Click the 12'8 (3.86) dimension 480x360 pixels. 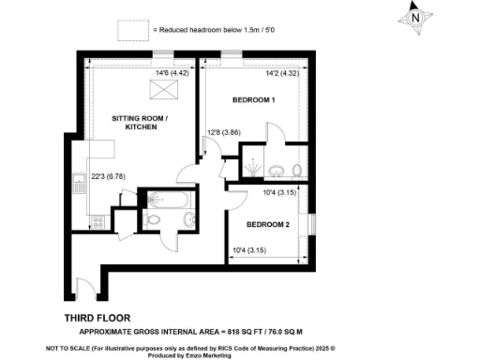point(224,132)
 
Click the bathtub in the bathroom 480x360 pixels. point(169,200)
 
